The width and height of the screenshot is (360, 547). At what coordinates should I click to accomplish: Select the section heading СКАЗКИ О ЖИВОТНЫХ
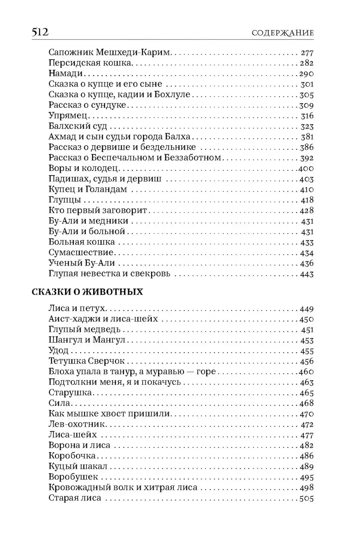coord(88,292)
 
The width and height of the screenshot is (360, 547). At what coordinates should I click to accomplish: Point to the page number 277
coord(307,53)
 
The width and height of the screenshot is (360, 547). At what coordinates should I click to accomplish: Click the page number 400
coord(306,168)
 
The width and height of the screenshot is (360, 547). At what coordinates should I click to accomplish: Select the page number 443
coord(307,274)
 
